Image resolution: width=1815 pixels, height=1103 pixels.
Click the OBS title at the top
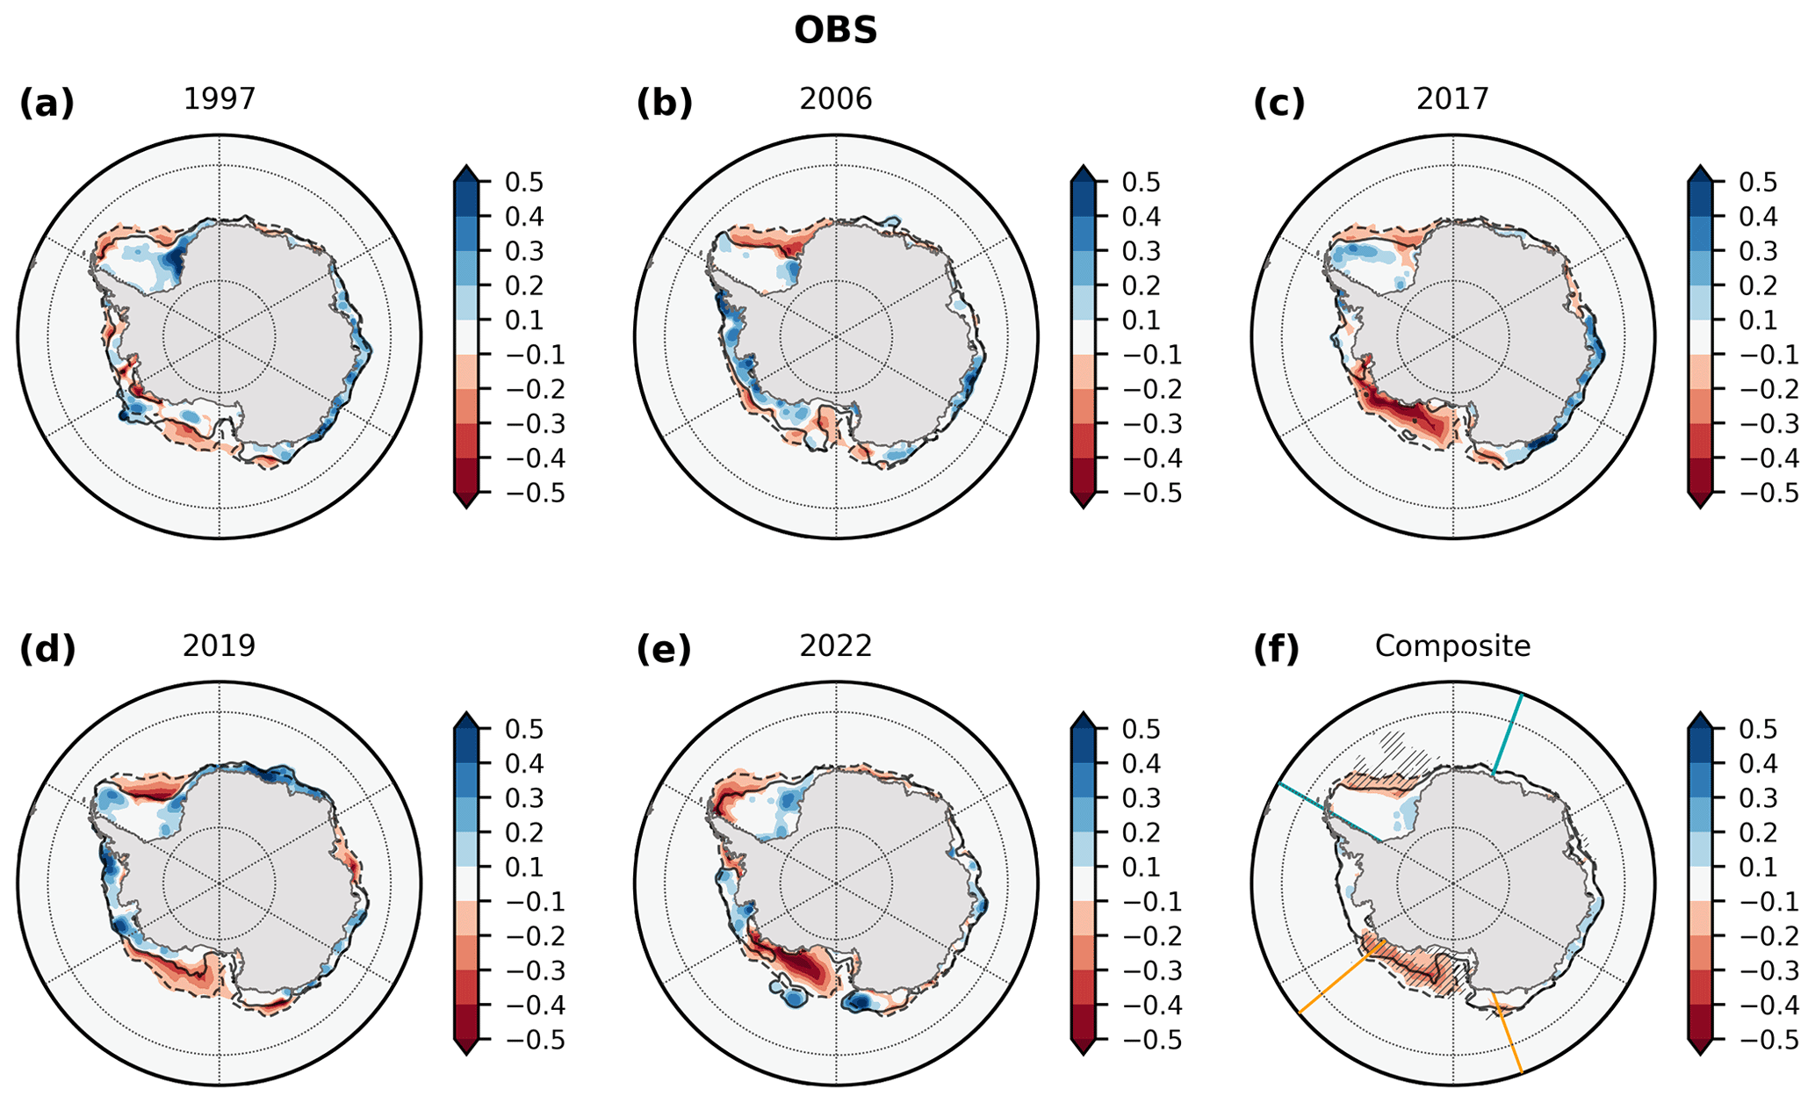pyautogui.click(x=835, y=31)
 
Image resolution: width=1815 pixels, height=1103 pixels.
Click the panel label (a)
pyautogui.click(x=47, y=104)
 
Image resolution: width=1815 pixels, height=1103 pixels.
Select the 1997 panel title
pyautogui.click(x=220, y=98)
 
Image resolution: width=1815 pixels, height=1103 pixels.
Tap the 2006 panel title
pyautogui.click(x=836, y=98)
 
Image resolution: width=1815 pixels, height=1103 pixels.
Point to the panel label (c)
pyautogui.click(x=1279, y=104)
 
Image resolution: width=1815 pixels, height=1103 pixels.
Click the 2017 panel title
pyautogui.click(x=1452, y=98)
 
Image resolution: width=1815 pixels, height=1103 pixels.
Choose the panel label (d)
pyautogui.click(x=47, y=650)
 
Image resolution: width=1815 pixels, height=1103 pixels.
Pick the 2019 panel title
pyautogui.click(x=220, y=645)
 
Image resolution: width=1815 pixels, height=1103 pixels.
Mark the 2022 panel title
pyautogui.click(x=836, y=645)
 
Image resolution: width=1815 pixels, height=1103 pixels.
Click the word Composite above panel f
pyautogui.click(x=1452, y=645)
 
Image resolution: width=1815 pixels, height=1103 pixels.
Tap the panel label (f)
pyautogui.click(x=1276, y=650)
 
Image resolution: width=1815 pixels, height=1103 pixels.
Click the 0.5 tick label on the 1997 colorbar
pyautogui.click(x=523, y=183)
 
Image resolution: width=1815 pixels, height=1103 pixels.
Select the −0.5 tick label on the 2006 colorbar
pyautogui.click(x=1132, y=494)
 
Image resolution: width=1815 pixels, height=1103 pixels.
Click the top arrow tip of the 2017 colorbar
pyautogui.click(x=1700, y=168)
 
